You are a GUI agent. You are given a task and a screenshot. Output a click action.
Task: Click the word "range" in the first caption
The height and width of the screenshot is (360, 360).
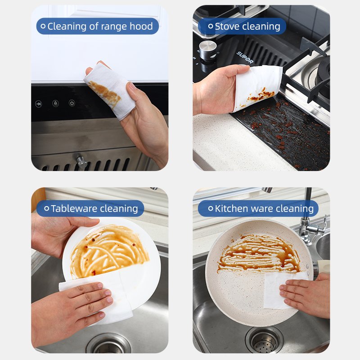pyautogui.click(x=114, y=27)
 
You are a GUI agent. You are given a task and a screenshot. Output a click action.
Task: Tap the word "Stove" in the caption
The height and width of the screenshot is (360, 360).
pyautogui.click(x=226, y=27)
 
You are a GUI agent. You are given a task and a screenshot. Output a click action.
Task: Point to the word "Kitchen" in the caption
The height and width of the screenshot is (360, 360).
pyautogui.click(x=231, y=208)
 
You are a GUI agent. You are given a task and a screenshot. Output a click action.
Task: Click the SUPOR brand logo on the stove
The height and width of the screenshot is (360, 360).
pyautogui.click(x=245, y=58)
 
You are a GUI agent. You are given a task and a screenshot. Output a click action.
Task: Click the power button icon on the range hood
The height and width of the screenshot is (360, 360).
pyautogui.click(x=72, y=103)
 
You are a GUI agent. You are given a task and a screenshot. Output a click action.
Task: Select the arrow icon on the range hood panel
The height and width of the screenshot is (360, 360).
pyautogui.click(x=39, y=104)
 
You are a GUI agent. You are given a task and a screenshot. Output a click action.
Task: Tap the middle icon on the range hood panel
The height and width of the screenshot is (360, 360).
pyautogui.click(x=55, y=103)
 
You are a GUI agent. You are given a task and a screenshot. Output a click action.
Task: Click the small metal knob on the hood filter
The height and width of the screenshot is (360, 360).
pyautogui.click(x=81, y=162)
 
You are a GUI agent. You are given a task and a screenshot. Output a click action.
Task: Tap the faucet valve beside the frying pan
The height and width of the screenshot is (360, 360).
pyautogui.click(x=313, y=229)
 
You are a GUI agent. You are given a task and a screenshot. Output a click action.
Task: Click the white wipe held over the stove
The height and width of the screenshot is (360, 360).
pyautogui.click(x=256, y=87)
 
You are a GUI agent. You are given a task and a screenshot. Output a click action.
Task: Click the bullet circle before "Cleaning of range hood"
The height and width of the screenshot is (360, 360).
pyautogui.click(x=43, y=26)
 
